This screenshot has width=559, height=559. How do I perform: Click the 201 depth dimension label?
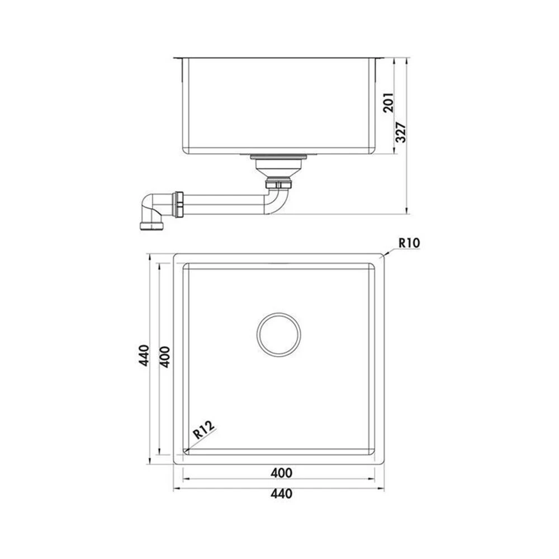389,103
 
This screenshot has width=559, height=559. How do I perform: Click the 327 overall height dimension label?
401,132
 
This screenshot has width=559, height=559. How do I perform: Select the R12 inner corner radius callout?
204,429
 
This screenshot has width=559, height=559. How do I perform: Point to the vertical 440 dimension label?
144,355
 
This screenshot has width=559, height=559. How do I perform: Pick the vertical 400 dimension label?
165,357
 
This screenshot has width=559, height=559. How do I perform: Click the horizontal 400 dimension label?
281,473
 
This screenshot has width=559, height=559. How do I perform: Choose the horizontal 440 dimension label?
281,494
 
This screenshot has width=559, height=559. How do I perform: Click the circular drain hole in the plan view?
278,313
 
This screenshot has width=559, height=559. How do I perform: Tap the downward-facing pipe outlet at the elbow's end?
152,226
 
